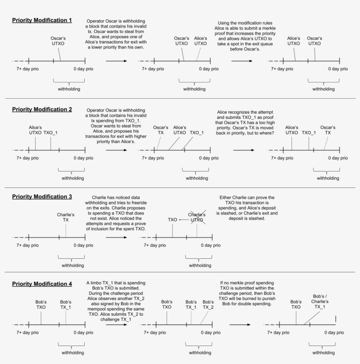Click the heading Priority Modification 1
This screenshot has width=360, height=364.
42,20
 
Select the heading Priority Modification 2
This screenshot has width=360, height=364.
42,109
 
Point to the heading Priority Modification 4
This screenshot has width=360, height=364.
42,284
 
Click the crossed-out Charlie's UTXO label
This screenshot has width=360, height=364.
197,217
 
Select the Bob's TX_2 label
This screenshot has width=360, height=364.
209,304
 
